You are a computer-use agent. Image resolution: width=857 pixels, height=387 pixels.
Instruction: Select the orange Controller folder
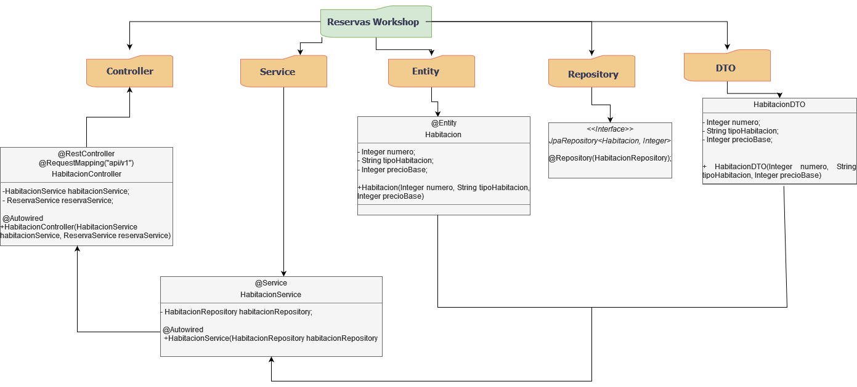(129, 71)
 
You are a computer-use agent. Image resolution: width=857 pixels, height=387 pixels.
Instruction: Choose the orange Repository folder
(591, 74)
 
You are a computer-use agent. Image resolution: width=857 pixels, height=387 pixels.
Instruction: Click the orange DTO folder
(727, 68)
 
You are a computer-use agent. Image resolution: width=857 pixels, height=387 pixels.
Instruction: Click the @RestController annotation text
(86, 154)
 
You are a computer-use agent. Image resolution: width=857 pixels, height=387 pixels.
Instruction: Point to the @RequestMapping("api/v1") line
(86, 163)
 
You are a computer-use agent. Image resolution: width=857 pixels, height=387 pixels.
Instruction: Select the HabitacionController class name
(86, 174)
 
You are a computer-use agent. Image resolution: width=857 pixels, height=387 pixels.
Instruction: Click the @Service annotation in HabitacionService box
(271, 283)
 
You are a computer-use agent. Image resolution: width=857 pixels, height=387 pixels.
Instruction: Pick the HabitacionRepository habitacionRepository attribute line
(238, 312)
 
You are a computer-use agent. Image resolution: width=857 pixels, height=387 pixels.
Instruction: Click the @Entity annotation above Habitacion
(444, 123)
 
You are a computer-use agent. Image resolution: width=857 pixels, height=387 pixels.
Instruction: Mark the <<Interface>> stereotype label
(610, 129)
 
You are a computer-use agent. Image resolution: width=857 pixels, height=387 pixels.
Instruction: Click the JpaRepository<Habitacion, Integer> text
(610, 141)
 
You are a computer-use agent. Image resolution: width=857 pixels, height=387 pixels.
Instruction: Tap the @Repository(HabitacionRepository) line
(610, 158)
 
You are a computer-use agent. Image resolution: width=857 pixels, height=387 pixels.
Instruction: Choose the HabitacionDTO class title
(779, 105)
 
